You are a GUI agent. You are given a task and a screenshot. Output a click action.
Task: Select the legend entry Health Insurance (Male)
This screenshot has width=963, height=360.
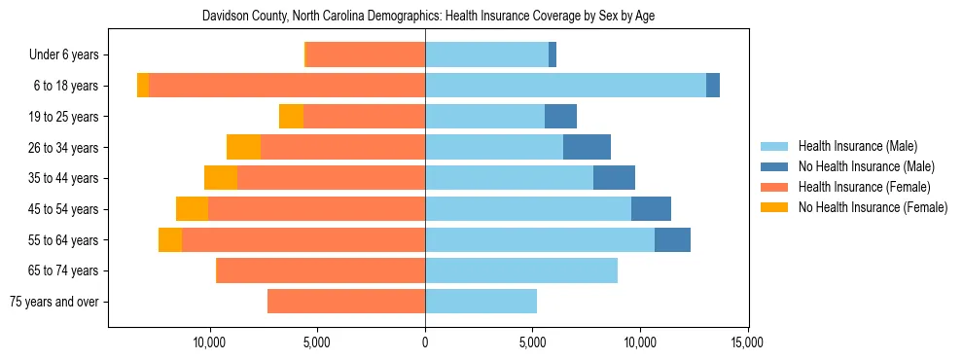tap(857, 146)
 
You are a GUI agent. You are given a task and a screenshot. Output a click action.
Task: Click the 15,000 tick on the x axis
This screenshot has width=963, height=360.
tap(747, 342)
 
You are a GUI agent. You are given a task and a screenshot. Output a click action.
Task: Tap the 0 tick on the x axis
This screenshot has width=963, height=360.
tap(425, 342)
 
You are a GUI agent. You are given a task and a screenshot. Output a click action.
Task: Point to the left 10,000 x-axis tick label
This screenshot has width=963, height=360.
tap(210, 342)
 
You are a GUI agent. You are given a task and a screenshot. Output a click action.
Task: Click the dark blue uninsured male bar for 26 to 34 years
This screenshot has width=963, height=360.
tap(587, 147)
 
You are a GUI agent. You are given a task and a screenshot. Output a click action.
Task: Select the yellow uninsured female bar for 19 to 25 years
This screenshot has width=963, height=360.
tap(291, 117)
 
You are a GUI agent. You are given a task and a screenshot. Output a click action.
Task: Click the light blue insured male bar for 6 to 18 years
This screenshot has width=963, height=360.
tap(565, 86)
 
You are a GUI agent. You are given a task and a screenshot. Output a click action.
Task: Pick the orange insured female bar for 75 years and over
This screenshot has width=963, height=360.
tap(346, 302)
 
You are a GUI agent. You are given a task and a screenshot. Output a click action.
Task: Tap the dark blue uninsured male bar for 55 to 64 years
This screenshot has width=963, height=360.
tap(672, 240)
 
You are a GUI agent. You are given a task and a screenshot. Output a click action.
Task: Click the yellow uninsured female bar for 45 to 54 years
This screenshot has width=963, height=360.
tap(192, 209)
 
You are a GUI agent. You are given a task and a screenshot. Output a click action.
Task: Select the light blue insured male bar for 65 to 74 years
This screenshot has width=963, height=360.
tap(521, 270)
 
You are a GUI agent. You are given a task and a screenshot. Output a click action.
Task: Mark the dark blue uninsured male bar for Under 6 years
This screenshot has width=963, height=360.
tap(553, 55)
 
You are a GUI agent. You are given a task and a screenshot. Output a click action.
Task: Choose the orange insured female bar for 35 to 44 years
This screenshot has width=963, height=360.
tap(331, 178)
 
